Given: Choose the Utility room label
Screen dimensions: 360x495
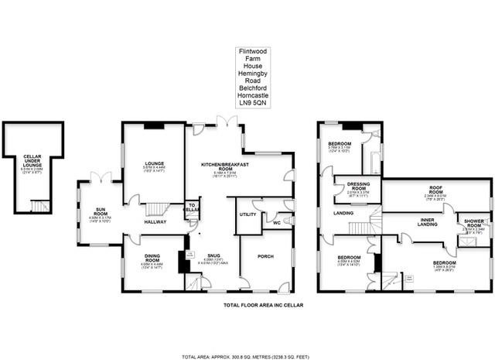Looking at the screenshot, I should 247,214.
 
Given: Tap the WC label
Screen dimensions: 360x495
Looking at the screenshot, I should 275,224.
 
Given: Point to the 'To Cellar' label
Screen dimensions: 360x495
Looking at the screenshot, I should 190,208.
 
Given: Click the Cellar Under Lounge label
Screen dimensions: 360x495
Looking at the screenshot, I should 32,159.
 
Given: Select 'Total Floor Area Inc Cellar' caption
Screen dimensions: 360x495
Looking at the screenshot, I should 258,306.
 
